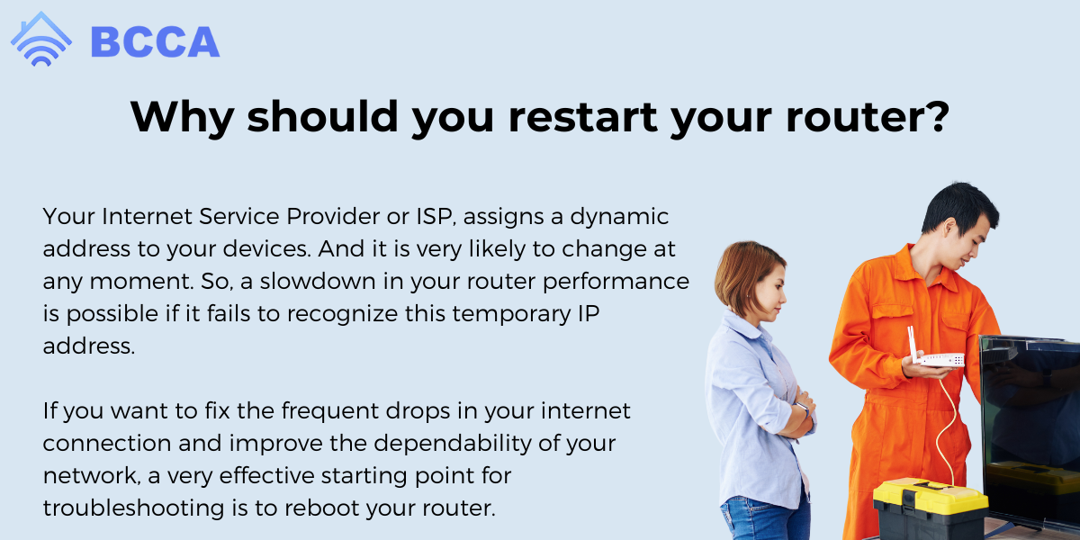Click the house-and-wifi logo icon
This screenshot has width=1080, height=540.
(x=41, y=40)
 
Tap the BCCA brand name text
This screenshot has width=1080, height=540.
(x=155, y=42)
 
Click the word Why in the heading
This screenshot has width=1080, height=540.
(x=183, y=117)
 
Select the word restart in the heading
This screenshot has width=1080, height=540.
(x=583, y=117)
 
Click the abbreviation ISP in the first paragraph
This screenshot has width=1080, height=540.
(x=436, y=217)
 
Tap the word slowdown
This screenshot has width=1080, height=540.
(x=318, y=281)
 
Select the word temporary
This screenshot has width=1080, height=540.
(x=511, y=314)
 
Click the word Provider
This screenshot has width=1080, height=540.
(x=333, y=216)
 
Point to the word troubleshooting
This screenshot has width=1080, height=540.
(x=133, y=508)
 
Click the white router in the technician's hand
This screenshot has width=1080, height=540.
(x=936, y=351)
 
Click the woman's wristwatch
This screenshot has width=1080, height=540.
(x=804, y=409)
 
